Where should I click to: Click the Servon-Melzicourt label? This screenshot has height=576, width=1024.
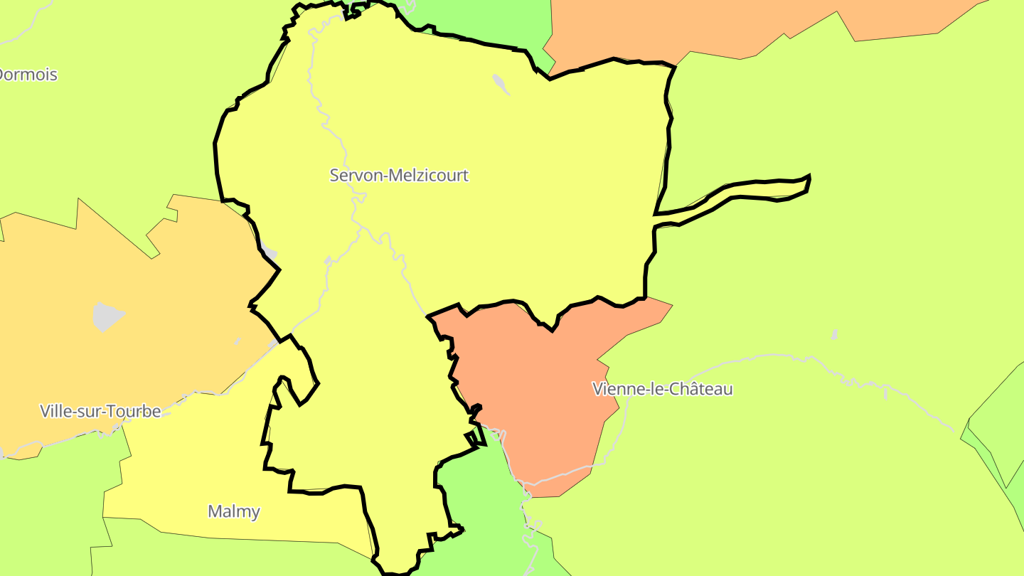(399, 175)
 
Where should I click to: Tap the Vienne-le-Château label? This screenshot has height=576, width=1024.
(662, 389)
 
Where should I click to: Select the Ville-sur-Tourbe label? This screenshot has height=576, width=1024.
(100, 411)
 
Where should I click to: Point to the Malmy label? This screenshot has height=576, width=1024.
(234, 511)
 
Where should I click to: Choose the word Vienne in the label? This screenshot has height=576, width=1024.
(614, 389)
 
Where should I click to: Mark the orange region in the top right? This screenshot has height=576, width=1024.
(711, 28)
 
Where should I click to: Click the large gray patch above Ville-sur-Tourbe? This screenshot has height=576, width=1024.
(107, 316)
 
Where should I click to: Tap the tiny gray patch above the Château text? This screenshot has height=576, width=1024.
(834, 334)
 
